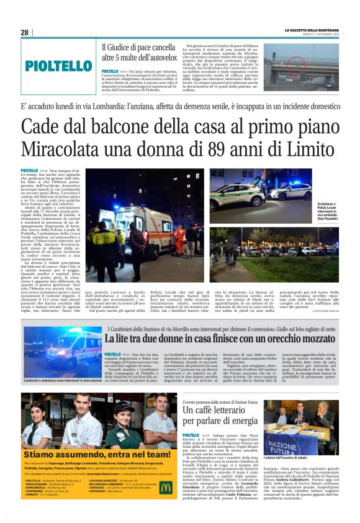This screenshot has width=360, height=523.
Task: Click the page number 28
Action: tap(24, 32)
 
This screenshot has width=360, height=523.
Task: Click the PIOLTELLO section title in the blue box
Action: tap(58, 65)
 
